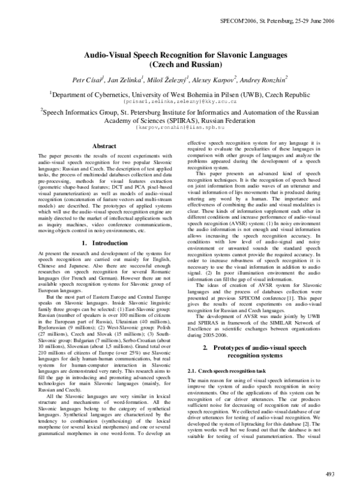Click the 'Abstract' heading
pyautogui.click(x=104, y=146)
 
